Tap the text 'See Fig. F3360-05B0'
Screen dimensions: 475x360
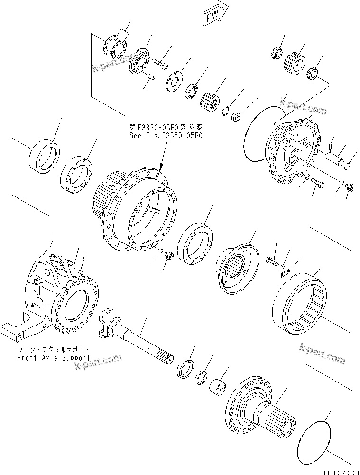point(166,135)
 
